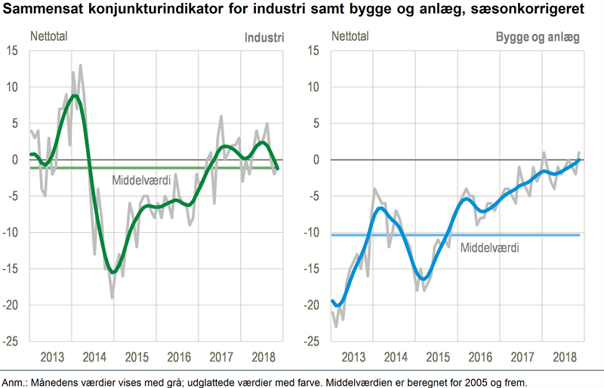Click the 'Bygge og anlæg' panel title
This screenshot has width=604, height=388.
coord(538,36)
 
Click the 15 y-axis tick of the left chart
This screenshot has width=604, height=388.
coord(12,51)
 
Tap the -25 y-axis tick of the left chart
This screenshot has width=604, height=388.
coord(11,341)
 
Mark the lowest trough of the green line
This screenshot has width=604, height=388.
coord(112,272)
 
